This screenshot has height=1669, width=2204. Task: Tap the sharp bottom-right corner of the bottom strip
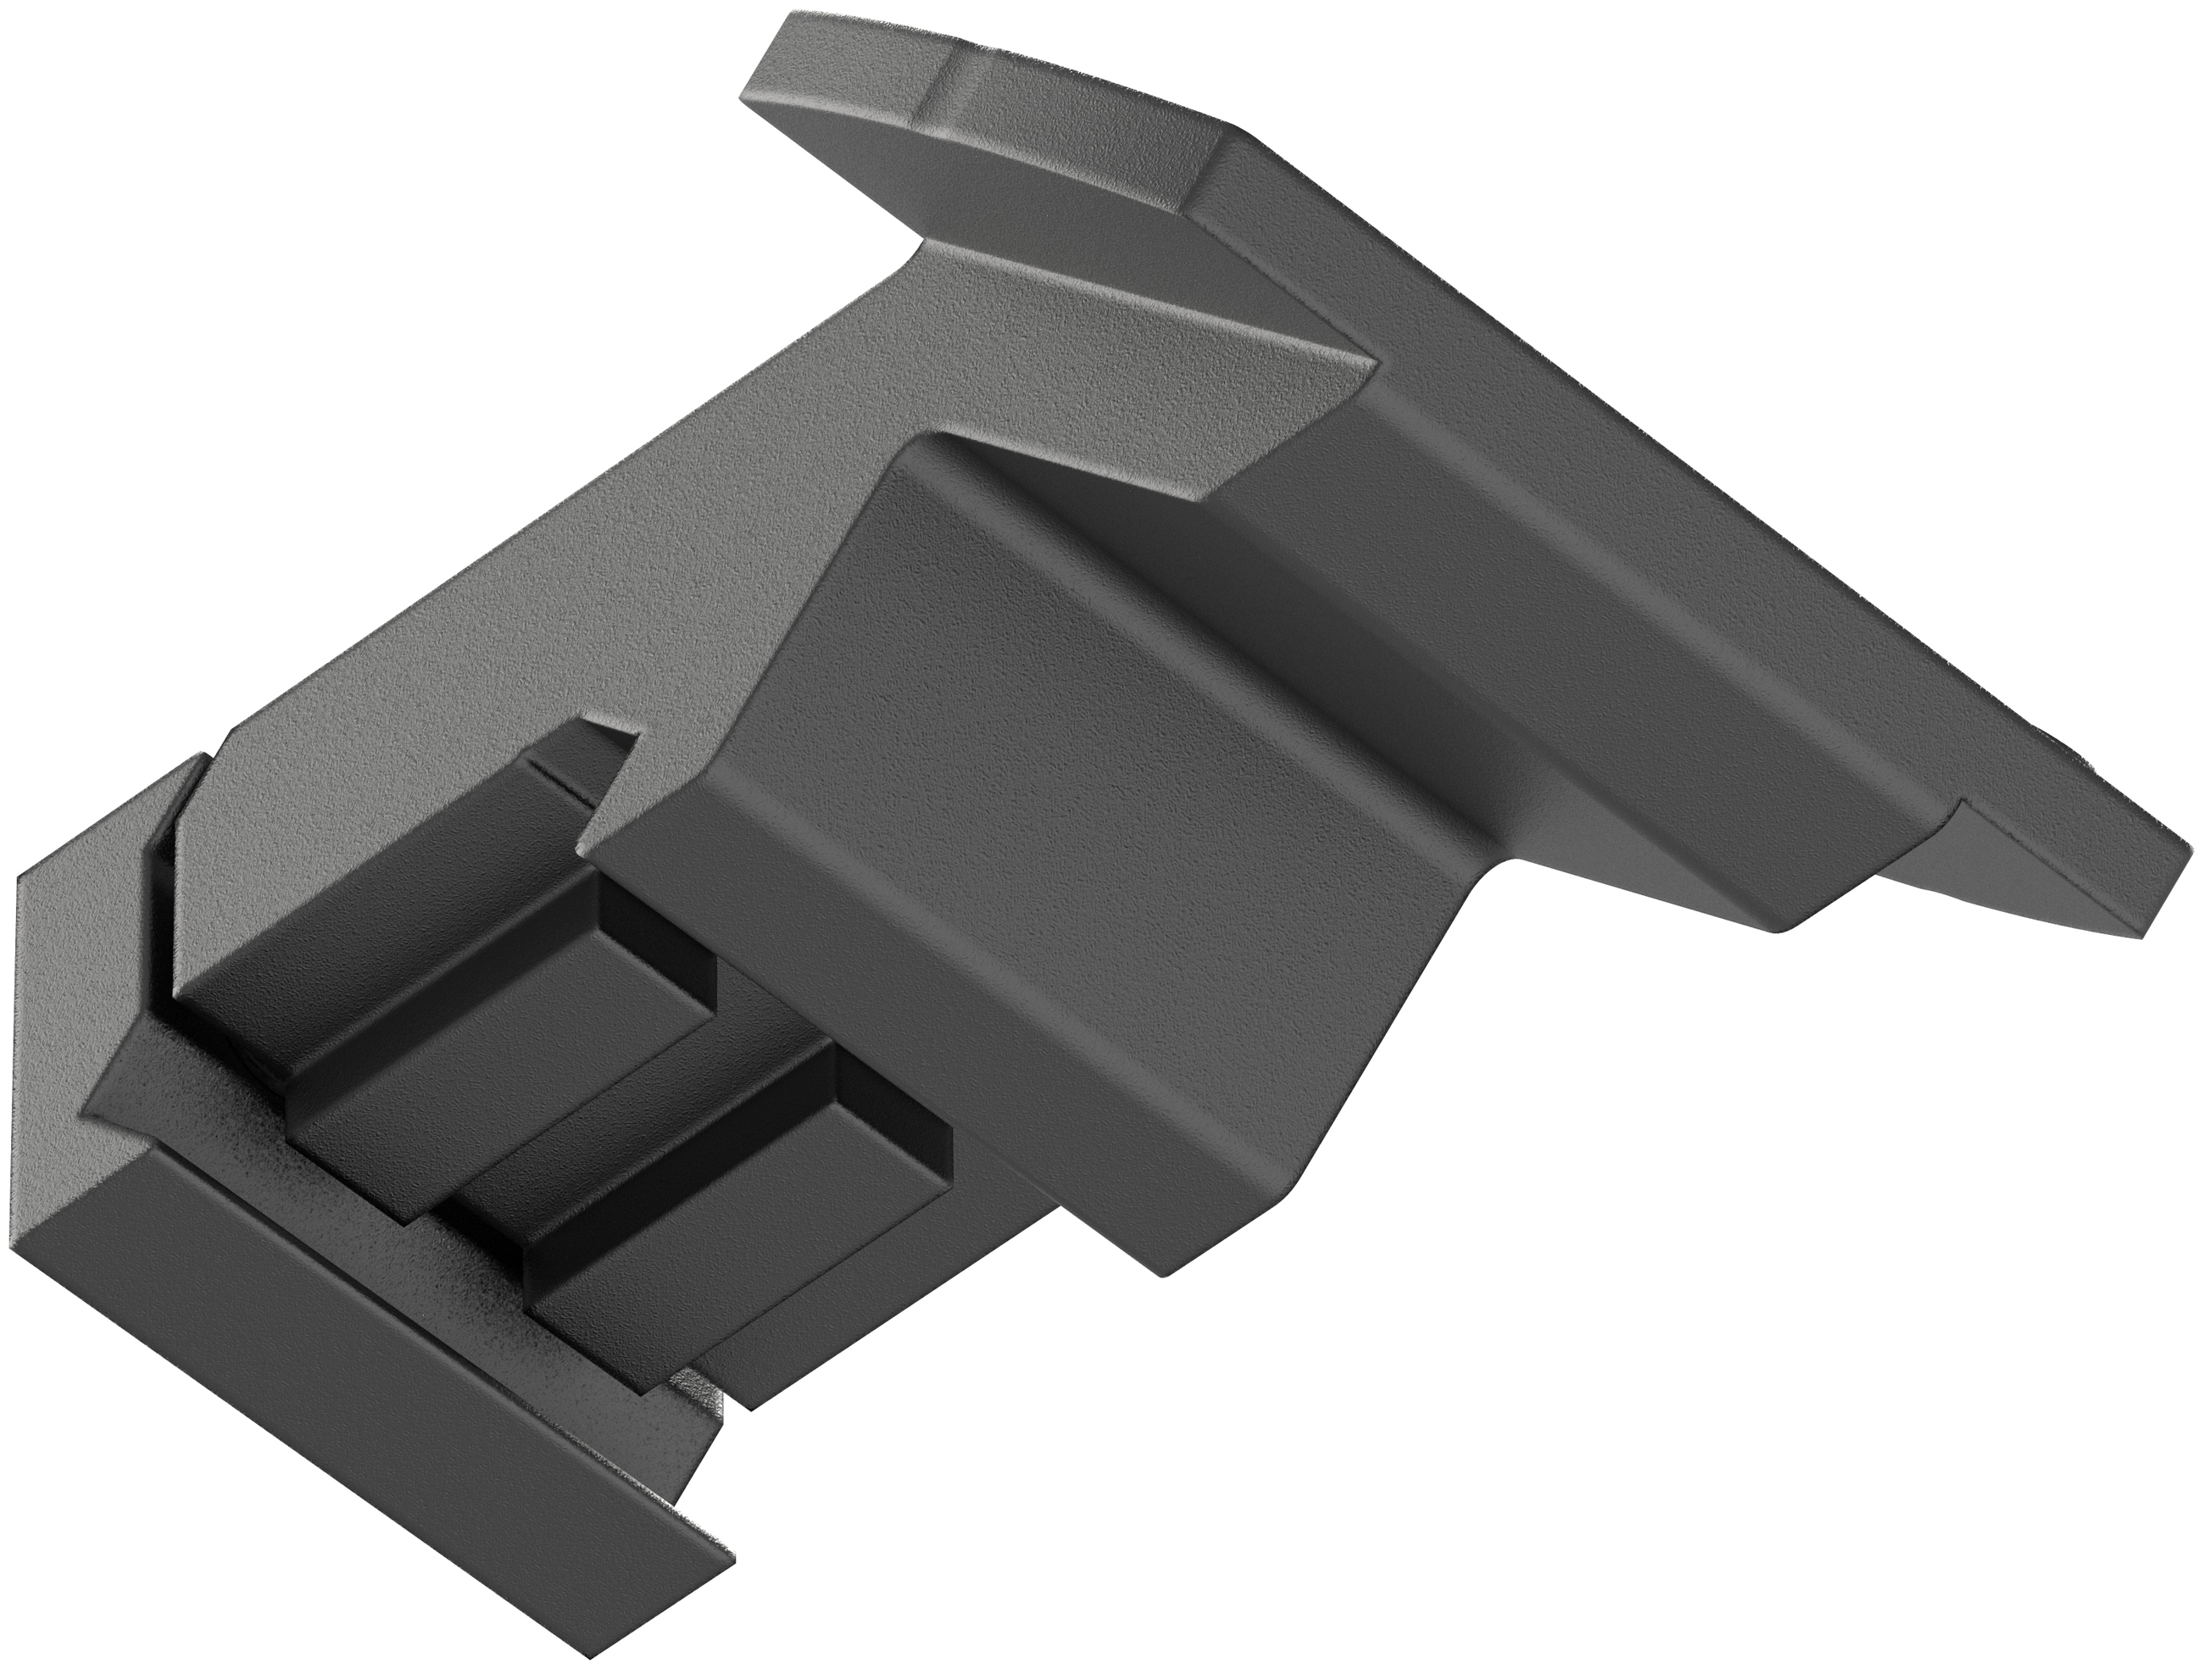tap(732, 1584)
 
